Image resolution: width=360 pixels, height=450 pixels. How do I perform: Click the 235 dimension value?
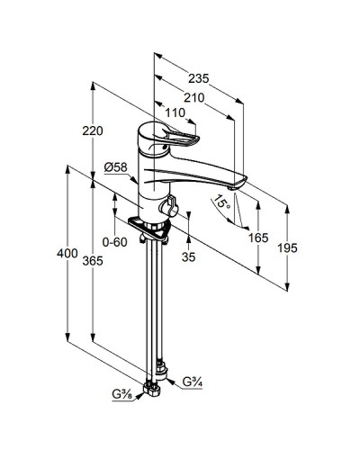tap(198, 78)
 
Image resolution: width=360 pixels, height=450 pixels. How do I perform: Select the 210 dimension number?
tap(194, 98)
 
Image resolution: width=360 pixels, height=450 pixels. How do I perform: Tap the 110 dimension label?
tap(175, 112)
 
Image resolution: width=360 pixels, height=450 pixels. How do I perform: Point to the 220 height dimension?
tap(93, 130)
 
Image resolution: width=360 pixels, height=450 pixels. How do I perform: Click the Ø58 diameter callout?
tap(116, 167)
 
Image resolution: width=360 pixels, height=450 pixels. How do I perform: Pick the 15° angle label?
tap(222, 202)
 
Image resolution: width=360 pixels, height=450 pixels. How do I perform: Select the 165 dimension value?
tap(258, 238)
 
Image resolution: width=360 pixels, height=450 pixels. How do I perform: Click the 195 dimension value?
tap(287, 248)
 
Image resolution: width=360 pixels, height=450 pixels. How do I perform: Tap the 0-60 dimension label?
tap(114, 242)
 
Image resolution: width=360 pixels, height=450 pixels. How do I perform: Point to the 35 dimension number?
tap(189, 256)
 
